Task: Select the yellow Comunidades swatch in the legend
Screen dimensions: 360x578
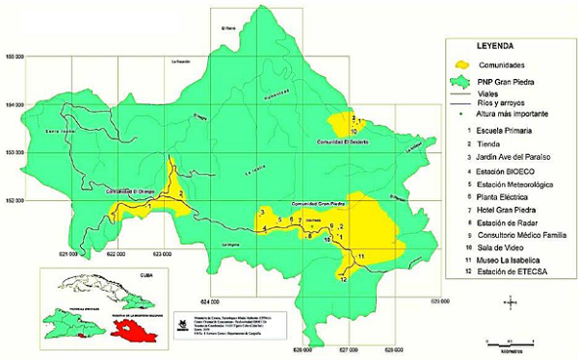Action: coord(467,64)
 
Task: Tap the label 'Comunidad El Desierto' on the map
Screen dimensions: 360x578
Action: coord(344,141)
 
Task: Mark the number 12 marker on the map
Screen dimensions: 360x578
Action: coord(343,279)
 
